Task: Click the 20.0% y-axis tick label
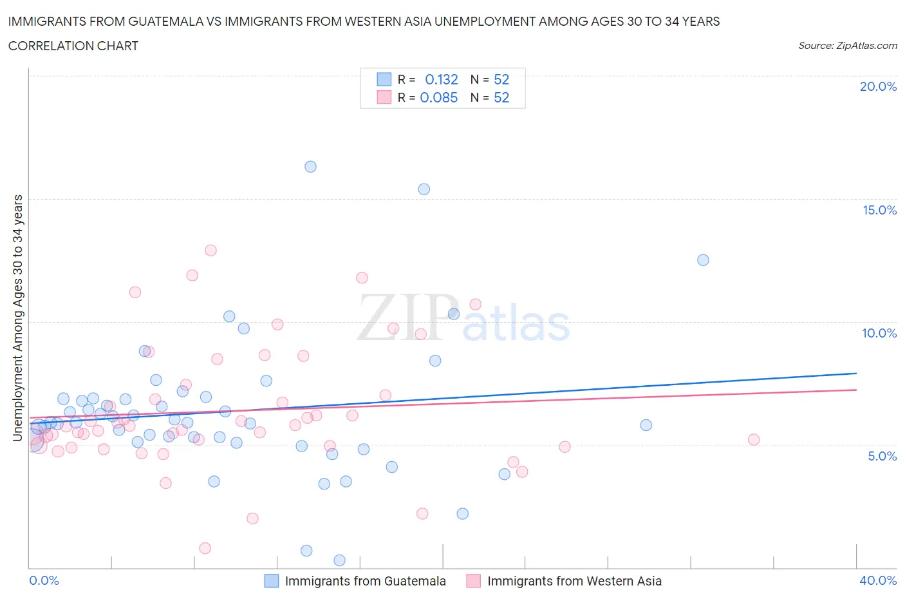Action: pyautogui.click(x=878, y=86)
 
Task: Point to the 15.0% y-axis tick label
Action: pyautogui.click(x=879, y=210)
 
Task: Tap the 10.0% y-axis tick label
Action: pyautogui.click(x=879, y=333)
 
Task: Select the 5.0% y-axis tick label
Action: pyautogui.click(x=882, y=456)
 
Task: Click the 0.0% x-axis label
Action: pyautogui.click(x=44, y=580)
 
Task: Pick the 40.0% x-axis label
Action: pyautogui.click(x=878, y=580)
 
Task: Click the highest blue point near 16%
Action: pyautogui.click(x=310, y=167)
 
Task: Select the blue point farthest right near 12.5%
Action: pyautogui.click(x=703, y=260)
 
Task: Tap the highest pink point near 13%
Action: pyautogui.click(x=210, y=251)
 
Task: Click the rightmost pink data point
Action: pyautogui.click(x=754, y=440)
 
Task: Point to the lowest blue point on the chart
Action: pyautogui.click(x=339, y=560)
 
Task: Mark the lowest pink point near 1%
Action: pyautogui.click(x=205, y=548)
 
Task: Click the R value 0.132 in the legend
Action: pyautogui.click(x=442, y=79)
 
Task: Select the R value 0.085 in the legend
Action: pyautogui.click(x=439, y=97)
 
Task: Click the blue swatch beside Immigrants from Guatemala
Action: pyautogui.click(x=272, y=581)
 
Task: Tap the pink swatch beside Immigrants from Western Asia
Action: pyautogui.click(x=474, y=581)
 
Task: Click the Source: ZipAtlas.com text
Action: pyautogui.click(x=847, y=46)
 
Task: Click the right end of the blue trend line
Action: pyautogui.click(x=856, y=373)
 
